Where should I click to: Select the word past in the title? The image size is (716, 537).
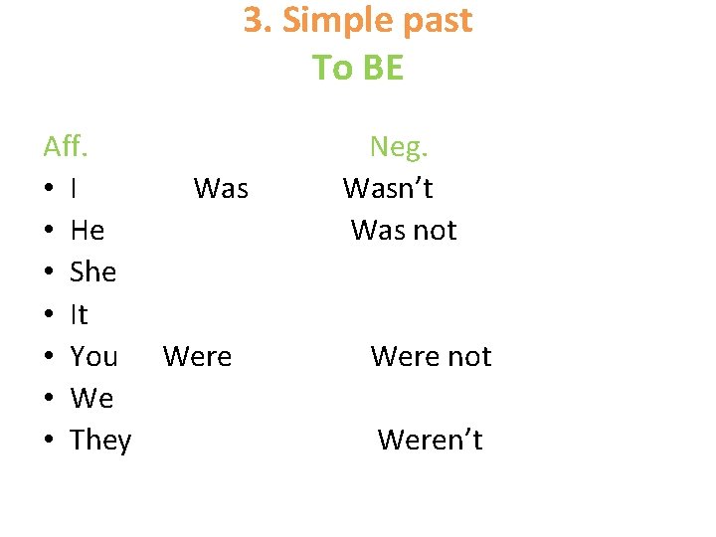coord(434,21)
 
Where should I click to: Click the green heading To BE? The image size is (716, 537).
coord(358,68)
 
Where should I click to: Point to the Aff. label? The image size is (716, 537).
coord(67,147)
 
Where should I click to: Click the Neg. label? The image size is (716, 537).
coord(399,147)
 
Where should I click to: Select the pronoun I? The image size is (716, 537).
coord(76,189)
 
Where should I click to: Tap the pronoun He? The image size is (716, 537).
coord(88,231)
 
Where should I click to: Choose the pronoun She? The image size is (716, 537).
coord(93,272)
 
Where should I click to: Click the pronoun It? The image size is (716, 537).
coord(80,315)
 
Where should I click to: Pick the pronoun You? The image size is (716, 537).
coord(94,357)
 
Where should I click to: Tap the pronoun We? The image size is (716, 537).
coord(92,399)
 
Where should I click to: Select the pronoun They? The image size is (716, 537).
coord(100,441)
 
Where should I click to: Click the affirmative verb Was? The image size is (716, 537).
coord(221,189)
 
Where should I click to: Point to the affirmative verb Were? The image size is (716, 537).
coord(197,357)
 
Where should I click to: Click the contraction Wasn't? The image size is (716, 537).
coord(388,189)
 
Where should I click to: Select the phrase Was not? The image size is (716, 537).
coord(404,231)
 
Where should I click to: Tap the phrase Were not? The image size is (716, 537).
coord(431,357)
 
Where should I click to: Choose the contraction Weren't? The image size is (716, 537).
coord(430,441)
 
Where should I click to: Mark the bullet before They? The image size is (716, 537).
coord(49,441)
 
